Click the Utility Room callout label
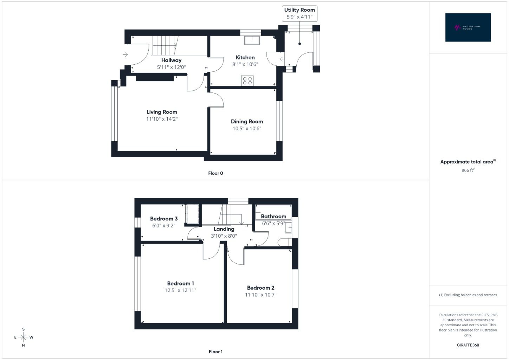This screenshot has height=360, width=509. tap(299, 13)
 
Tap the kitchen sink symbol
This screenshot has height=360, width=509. tap(252, 40)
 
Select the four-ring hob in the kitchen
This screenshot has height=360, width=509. tap(247, 81)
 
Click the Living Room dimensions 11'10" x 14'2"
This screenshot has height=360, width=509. tap(162, 119)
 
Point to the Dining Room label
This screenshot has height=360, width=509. tap(247, 121)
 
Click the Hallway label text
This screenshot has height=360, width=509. tap(171, 60)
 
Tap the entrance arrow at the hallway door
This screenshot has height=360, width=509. tap(125, 54)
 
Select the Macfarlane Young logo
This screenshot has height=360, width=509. tap(468, 27)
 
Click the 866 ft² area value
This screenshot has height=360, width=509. tap(468, 170)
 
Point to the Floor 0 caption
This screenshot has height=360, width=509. tap(215, 173)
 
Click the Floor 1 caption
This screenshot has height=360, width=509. tap(215, 352)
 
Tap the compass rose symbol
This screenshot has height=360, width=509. tap(24, 337)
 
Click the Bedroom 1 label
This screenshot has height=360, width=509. tap(180, 283)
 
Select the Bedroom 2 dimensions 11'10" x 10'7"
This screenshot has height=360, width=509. tap(260, 295)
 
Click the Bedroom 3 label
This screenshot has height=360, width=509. tap(164, 219)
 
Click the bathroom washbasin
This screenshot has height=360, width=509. tap(288, 228)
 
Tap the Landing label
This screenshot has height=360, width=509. tap(224, 229)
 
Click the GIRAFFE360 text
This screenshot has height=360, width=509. tap(468, 345)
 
